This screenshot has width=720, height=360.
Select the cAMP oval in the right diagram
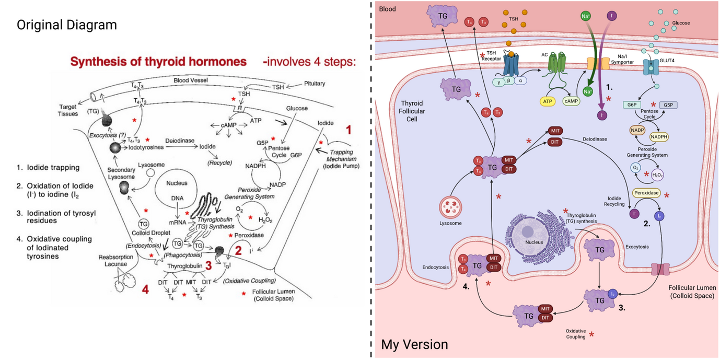tap(571, 100)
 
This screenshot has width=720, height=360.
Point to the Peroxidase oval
tap(646, 193)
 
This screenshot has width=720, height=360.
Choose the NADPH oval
tap(659, 137)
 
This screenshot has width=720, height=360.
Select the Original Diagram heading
tap(66, 25)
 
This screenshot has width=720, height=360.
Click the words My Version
tap(414, 345)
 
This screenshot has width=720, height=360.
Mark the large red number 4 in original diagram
tap(145, 288)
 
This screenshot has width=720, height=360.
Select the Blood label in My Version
tap(387, 9)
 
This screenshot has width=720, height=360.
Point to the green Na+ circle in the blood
tap(586, 17)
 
